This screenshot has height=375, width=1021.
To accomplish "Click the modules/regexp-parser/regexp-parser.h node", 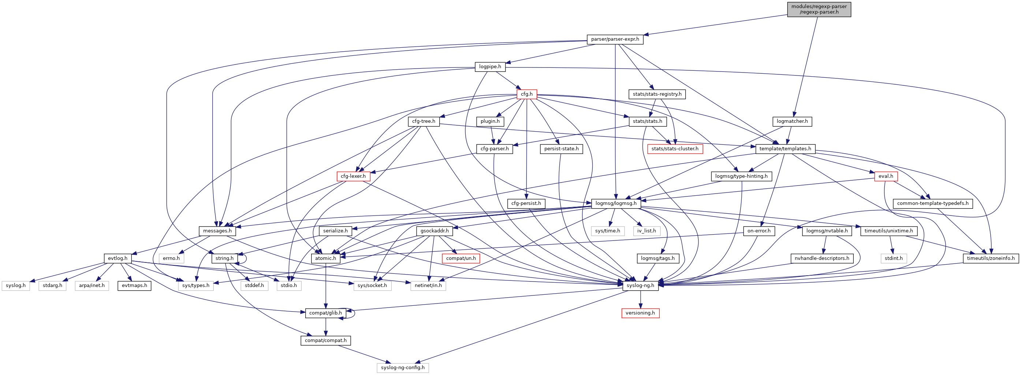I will pos(819,9).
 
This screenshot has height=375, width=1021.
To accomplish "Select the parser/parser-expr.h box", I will pos(615,39).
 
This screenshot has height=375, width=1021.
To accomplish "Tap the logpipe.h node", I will pos(490,67).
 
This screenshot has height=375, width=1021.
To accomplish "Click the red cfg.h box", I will pos(527,94).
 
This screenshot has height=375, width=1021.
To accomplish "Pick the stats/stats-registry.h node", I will pos(657,94).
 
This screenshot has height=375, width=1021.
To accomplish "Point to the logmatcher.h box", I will pos(792,121).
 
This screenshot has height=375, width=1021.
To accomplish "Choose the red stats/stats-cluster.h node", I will pos(675,149).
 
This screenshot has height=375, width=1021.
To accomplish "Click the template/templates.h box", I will pos(785,149).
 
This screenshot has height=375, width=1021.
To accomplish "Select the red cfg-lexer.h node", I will pos(353,176).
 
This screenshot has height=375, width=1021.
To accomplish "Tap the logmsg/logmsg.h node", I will pos(616,203).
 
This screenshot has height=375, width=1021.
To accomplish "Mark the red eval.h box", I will pos(886,176).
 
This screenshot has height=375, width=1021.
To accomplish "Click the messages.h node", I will pos(217,231).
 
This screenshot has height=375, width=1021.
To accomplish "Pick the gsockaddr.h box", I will pos(435,231).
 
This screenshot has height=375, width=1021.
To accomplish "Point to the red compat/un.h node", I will pos(461,258).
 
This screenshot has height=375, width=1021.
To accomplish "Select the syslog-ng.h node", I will pos(640,286).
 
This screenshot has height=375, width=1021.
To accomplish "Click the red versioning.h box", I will pos(640,313).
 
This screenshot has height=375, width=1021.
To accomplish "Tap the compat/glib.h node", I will pos(325,313).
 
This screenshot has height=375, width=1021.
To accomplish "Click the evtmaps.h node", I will pos(134,286).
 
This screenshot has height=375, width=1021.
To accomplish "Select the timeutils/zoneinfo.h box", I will pos(991,258).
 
